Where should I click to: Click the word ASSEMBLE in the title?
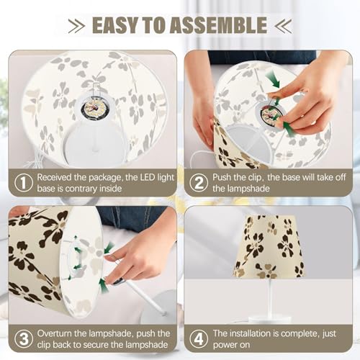[x=218, y=25]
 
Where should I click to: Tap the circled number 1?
[x=24, y=183]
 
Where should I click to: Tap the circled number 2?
[x=199, y=183]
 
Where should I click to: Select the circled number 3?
[x=24, y=339]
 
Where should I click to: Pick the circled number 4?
[x=199, y=339]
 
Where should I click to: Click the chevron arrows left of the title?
[x=76, y=26]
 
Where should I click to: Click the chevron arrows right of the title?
[x=283, y=26]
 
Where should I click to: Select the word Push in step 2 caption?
[x=222, y=177]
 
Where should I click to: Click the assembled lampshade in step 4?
[x=269, y=247]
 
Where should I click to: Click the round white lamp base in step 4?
[x=270, y=320]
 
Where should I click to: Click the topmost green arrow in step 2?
[x=273, y=80]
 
